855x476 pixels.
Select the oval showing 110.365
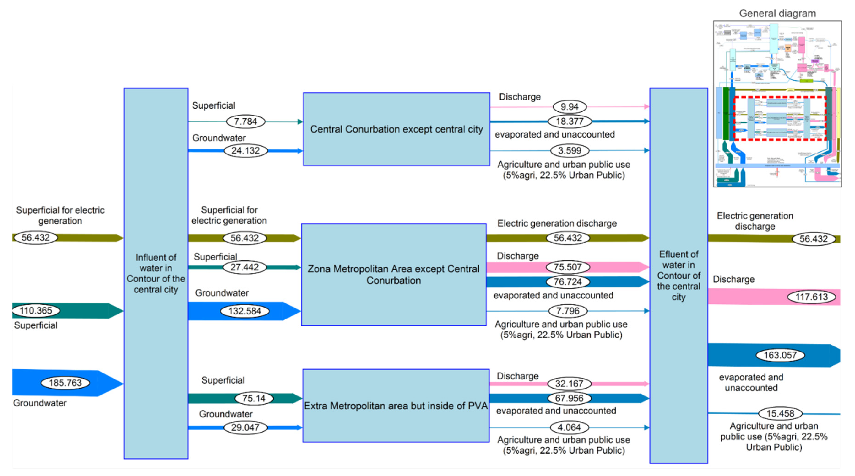(x=36, y=311)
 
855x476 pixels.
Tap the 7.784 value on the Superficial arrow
(x=246, y=122)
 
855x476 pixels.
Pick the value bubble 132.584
(x=245, y=311)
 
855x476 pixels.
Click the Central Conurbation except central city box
(x=396, y=129)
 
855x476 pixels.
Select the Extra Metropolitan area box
(x=396, y=406)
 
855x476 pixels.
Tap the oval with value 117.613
(x=812, y=297)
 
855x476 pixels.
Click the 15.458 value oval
(x=780, y=413)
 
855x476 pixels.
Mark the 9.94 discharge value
(x=570, y=107)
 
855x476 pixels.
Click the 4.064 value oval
(x=569, y=427)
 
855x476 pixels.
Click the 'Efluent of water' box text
(x=679, y=275)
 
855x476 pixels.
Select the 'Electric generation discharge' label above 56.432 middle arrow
(x=557, y=224)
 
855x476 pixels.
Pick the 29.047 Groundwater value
(x=245, y=427)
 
